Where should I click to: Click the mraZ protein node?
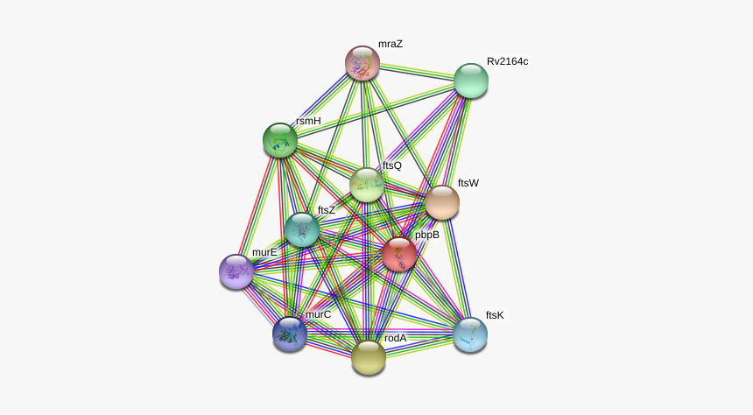point(362,63)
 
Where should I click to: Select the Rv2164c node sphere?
point(471,81)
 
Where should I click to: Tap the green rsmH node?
point(280,140)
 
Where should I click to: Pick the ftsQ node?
point(367,185)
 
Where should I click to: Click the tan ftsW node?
point(442,203)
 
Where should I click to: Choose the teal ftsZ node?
point(301,229)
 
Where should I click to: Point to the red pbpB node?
point(399,254)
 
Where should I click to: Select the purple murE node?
point(236,272)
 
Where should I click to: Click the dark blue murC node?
point(290,334)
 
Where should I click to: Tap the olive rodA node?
point(369,357)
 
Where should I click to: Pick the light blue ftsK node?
point(470,334)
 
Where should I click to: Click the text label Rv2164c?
point(507,61)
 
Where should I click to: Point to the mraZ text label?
point(391,44)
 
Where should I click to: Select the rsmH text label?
point(308,121)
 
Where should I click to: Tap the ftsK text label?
point(495,315)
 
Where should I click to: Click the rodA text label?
point(395,338)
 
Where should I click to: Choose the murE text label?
point(264,253)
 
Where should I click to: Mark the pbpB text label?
point(427,235)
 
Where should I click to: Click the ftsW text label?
point(468,183)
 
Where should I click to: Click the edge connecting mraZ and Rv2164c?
point(417,72)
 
